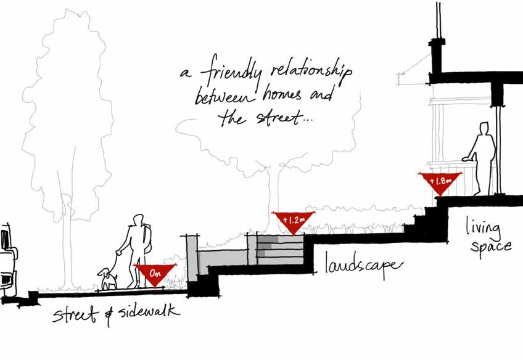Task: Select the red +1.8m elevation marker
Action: [x=440, y=182]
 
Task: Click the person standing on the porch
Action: [x=483, y=157]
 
